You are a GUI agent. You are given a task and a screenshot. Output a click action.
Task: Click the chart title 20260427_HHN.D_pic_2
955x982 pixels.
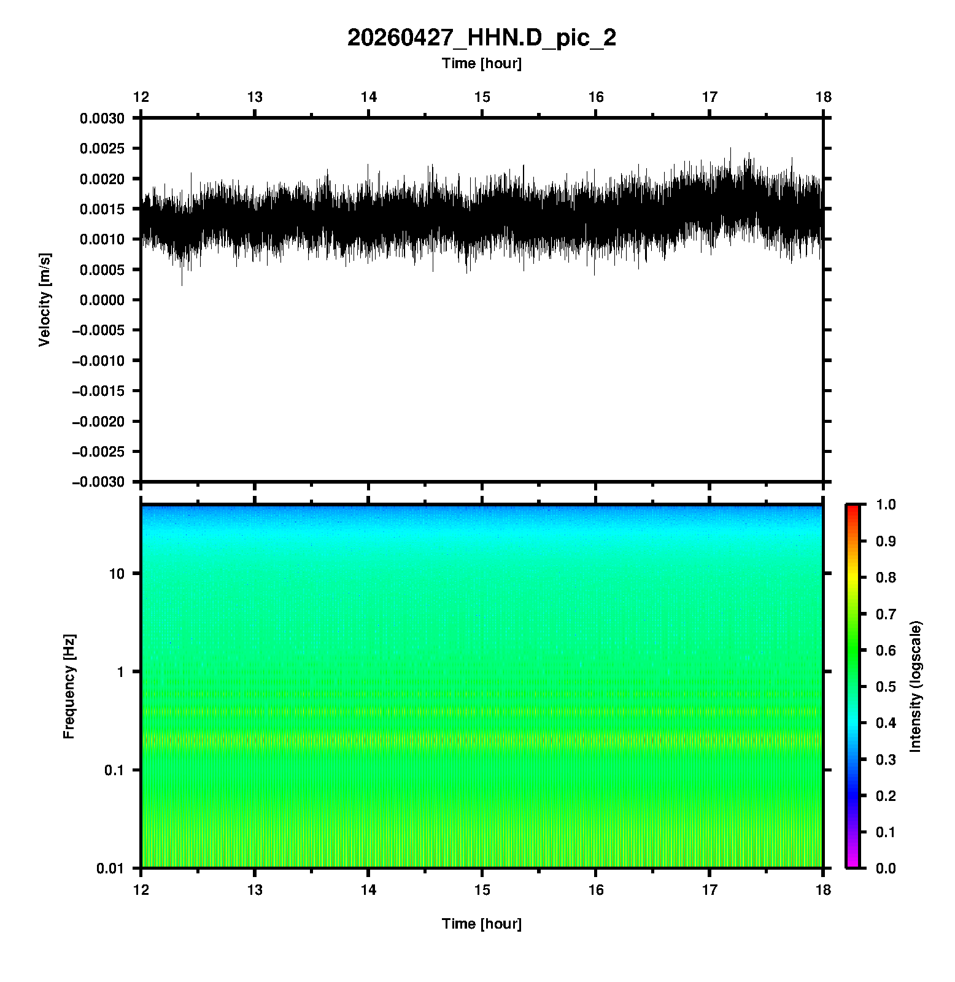[x=481, y=38]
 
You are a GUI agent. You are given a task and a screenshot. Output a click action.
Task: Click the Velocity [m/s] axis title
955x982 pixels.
[x=45, y=300]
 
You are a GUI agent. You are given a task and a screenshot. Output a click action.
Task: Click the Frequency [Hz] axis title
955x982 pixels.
[x=69, y=686]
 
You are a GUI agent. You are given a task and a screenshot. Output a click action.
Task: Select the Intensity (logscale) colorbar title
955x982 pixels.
[x=916, y=686]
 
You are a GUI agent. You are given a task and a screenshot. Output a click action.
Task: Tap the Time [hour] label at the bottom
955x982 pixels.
[x=481, y=924]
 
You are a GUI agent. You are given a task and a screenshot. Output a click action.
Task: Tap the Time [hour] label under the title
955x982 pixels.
[x=481, y=63]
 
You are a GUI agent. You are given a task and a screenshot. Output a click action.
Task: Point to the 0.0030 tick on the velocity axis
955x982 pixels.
[x=102, y=118]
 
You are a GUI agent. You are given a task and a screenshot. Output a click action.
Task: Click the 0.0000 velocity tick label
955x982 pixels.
[x=102, y=300]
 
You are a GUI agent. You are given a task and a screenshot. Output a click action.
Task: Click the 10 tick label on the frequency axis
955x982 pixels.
[x=117, y=574]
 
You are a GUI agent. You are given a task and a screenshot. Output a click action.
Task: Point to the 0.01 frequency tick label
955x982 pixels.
[x=110, y=868]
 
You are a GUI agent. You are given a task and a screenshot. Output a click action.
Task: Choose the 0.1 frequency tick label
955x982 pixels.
[x=114, y=770]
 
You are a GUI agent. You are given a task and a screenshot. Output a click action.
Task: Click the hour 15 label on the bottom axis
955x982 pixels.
[x=482, y=890]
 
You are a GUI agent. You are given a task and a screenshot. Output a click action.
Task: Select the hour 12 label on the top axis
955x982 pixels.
[x=141, y=97]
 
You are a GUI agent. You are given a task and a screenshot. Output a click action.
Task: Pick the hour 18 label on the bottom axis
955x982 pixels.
[x=823, y=890]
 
